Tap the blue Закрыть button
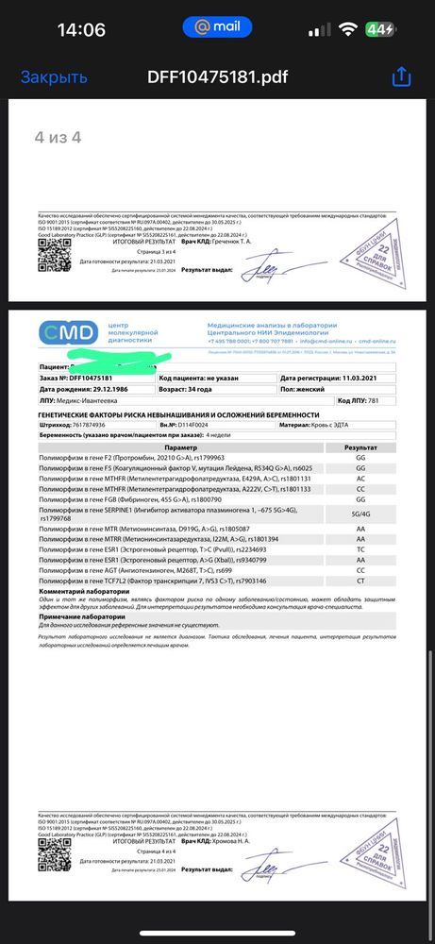54,77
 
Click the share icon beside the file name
402,76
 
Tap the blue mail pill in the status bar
218,28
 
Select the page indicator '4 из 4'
58,138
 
